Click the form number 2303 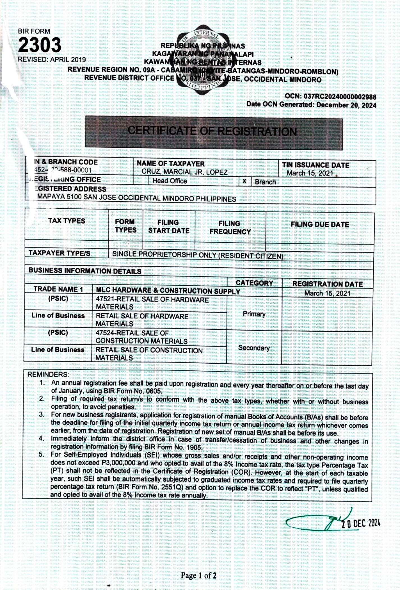(x=40, y=45)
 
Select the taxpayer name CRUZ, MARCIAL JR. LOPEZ (x=184, y=172)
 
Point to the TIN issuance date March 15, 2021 (x=310, y=173)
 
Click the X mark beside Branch (x=244, y=181)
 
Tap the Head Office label (x=170, y=181)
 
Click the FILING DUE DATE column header (x=320, y=224)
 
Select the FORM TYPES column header (x=125, y=226)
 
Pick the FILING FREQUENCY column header (x=230, y=227)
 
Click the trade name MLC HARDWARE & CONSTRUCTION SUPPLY (x=168, y=291)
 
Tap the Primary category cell (x=254, y=314)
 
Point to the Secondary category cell (x=254, y=348)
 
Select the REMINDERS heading (x=48, y=375)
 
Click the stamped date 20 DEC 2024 (x=360, y=523)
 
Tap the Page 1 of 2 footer (x=199, y=575)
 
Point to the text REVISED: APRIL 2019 (x=52, y=60)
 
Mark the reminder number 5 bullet (x=42, y=454)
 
